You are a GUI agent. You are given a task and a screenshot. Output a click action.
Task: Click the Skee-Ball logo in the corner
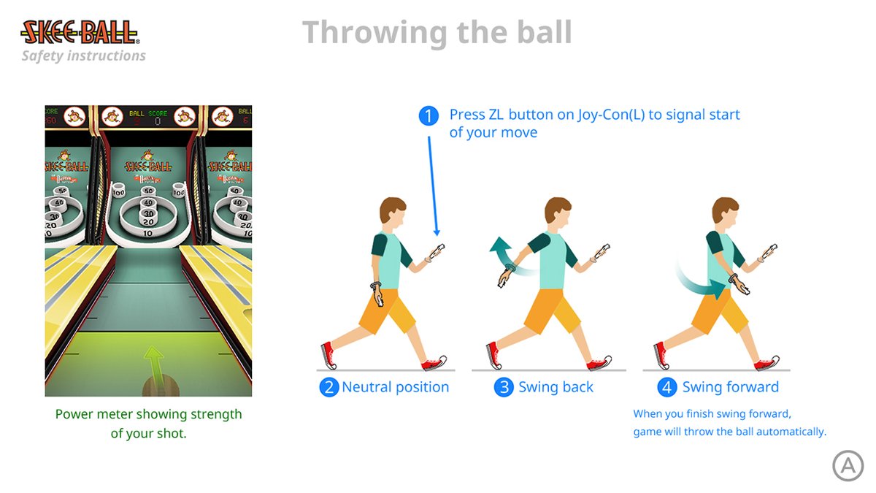tap(80, 32)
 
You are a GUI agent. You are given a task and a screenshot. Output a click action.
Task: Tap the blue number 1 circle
tap(429, 115)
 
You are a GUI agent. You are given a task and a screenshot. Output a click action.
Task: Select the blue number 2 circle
tap(329, 387)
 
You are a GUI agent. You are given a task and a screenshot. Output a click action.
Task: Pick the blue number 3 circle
tap(504, 387)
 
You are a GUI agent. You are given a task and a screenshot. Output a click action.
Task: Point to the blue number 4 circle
tap(667, 387)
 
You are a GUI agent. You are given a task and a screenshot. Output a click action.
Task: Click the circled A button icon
tap(848, 465)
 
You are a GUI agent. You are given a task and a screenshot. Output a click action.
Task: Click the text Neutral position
tap(395, 387)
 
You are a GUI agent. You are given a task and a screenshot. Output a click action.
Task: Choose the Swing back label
tap(556, 387)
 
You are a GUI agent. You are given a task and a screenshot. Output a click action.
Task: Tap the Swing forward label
tap(730, 387)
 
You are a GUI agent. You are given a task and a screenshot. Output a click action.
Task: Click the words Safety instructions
tap(83, 56)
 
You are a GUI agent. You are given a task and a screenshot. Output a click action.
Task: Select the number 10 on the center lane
tap(148, 233)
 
